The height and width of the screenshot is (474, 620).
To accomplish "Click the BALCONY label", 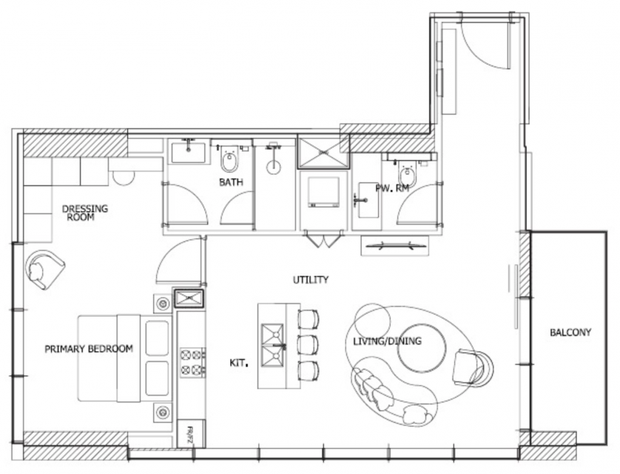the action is tap(570, 333).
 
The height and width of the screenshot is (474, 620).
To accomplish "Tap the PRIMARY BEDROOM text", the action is tap(89, 349).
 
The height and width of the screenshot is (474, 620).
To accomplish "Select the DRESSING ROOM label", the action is tap(84, 213).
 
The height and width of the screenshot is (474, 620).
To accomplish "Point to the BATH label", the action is tap(231, 182).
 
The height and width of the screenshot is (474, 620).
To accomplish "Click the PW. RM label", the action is tap(392, 189).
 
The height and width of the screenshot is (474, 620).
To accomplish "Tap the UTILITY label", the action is tap(311, 280).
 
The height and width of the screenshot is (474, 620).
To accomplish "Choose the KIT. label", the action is tap(239, 363).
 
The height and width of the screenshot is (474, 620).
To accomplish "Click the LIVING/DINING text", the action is tap(387, 341).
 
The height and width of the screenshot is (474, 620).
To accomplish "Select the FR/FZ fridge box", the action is tap(191, 434).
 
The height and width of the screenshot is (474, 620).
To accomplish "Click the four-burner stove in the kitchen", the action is tap(192, 363).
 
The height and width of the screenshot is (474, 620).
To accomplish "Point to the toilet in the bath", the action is tap(229, 159).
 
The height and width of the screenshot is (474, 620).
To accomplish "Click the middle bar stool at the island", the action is tap(308, 344).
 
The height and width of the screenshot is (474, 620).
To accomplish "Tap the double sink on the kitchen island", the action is tap(273, 345).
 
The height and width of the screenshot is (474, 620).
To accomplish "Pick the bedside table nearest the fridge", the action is tap(163, 413).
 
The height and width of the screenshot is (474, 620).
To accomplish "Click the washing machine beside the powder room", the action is tap(324, 193).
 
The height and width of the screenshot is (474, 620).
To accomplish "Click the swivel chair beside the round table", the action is tap(472, 367).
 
